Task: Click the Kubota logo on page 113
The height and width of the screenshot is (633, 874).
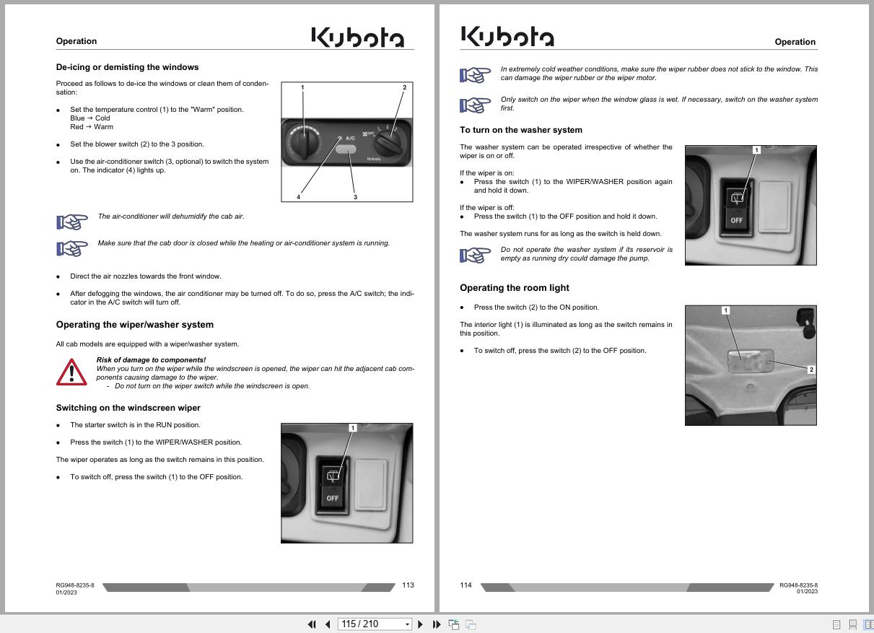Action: pos(358,37)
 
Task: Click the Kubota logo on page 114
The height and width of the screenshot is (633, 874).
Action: pos(507,36)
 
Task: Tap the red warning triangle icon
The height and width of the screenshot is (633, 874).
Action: pos(71,372)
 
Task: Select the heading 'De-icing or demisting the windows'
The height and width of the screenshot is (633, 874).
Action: pos(127,67)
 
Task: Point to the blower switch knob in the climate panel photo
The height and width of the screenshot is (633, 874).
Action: pos(387,143)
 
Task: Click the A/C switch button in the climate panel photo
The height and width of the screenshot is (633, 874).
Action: pos(346,149)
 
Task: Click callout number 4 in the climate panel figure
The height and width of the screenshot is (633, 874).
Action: pos(299,197)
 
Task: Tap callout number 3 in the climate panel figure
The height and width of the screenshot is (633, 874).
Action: pos(355,197)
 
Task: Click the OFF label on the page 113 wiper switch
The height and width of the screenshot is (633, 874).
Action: pos(332,498)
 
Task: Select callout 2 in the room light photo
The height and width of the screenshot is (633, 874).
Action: pos(811,369)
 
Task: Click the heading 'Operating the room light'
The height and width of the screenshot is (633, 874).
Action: pos(515,288)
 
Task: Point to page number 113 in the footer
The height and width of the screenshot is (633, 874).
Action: pos(408,585)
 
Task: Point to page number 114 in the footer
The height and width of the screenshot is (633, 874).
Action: pos(466,585)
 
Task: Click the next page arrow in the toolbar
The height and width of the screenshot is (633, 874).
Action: pos(420,624)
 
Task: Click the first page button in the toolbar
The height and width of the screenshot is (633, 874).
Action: pos(312,624)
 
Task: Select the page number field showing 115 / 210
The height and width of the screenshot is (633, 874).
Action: pos(375,624)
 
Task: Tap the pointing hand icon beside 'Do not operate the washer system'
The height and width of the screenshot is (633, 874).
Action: pos(475,256)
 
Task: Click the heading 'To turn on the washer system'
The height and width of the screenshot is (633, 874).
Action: pos(521,130)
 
